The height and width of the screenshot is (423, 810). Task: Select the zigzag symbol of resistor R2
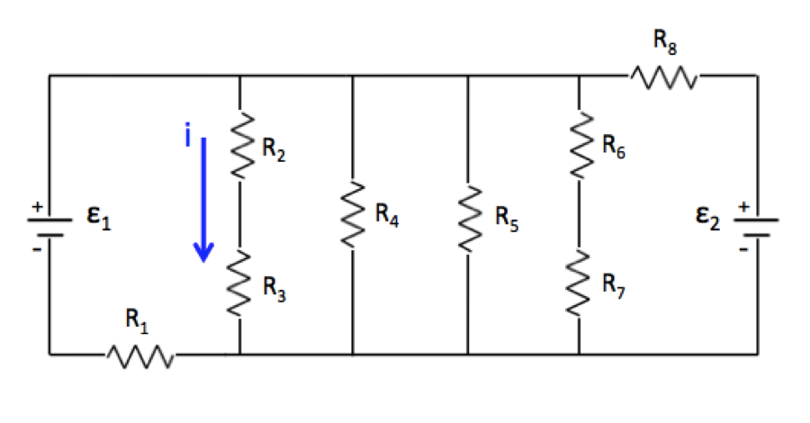coord(239,148)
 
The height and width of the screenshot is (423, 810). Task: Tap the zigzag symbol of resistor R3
coord(239,283)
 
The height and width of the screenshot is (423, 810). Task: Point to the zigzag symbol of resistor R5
coord(468,218)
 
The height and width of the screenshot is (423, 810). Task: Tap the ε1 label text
coord(99,220)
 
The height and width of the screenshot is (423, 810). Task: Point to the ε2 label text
coord(707,219)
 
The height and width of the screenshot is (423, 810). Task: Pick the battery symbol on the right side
coord(757,225)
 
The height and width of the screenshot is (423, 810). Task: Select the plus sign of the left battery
coord(37,208)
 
